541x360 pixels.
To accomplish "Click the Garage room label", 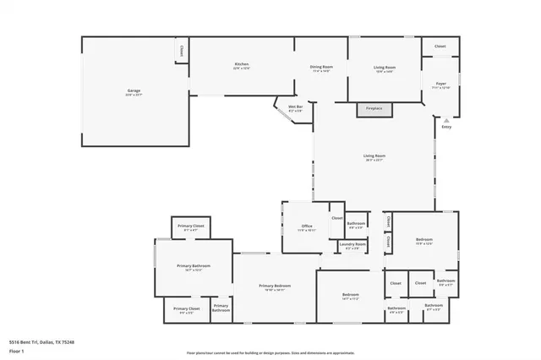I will [134, 91].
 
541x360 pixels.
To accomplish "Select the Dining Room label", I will [321, 68].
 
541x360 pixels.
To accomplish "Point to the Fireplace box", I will [374, 109].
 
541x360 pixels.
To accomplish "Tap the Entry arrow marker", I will [446, 120].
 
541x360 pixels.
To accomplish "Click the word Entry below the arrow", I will [446, 127].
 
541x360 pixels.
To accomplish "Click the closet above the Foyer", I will [440, 46].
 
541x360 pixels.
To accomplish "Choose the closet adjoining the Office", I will [336, 218].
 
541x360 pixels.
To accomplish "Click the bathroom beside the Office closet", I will [356, 226].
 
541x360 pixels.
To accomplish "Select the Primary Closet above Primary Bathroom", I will [193, 227].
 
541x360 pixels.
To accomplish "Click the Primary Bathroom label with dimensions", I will [194, 268].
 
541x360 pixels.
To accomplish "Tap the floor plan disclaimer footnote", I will [270, 352].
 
